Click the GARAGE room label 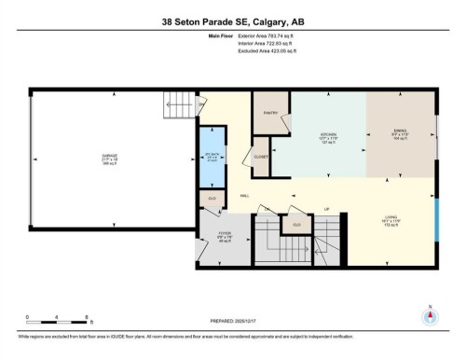(110, 157)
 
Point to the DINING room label (402, 134)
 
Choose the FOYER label (224, 235)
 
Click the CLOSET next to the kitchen (262, 157)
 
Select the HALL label (244, 196)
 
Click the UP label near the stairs (326, 208)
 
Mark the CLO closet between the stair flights (296, 225)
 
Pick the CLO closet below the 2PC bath (212, 199)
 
